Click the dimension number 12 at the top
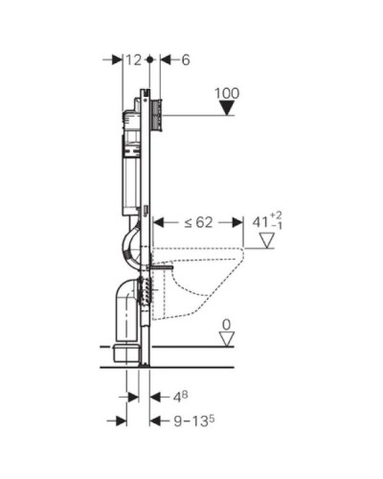[134, 59]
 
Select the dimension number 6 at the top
[185, 59]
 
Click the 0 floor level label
[227, 326]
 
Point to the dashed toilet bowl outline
[206, 278]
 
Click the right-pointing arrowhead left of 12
[118, 59]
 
